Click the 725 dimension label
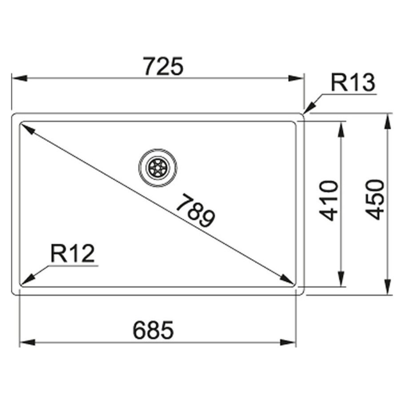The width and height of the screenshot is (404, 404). tap(163, 66)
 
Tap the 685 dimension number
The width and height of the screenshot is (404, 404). tap(153, 330)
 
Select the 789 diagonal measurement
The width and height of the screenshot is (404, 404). tap(195, 211)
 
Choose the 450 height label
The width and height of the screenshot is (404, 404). tap(374, 200)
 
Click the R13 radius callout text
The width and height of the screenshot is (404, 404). tap(353, 82)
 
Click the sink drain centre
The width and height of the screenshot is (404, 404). tap(158, 168)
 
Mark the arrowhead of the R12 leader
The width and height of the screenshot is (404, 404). tap(27, 279)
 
